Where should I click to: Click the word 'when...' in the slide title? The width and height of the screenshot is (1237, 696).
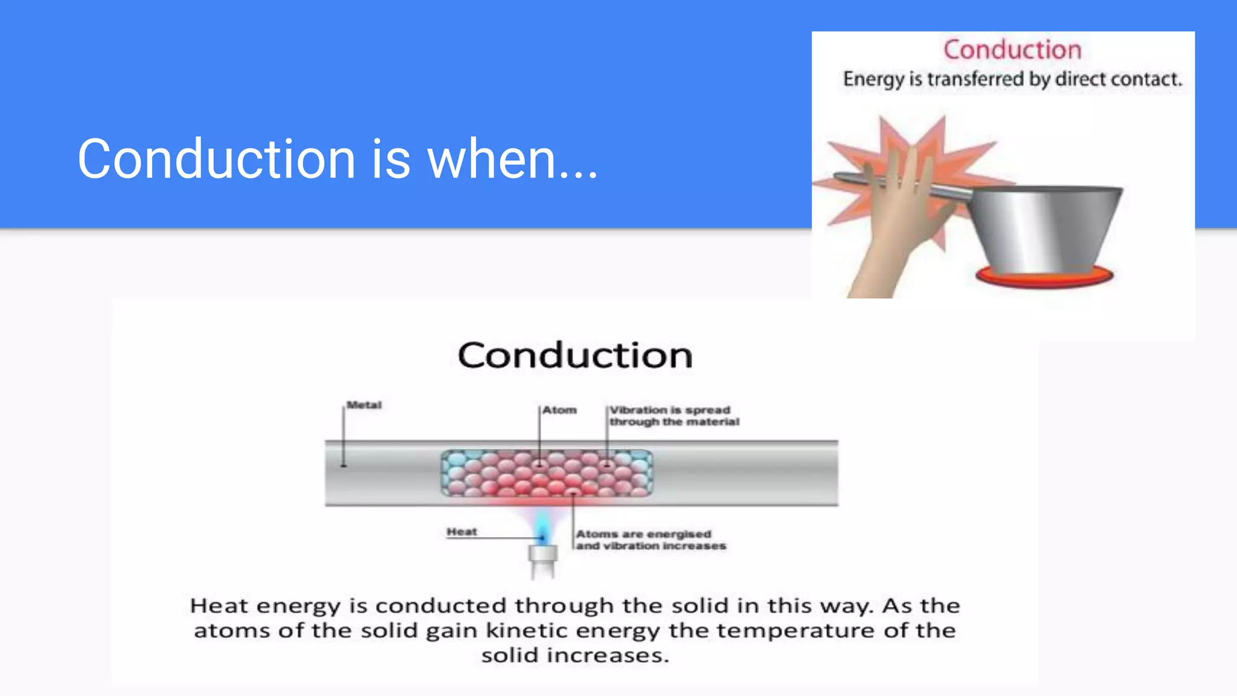(512, 159)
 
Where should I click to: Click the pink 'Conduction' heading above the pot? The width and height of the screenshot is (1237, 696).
(1012, 50)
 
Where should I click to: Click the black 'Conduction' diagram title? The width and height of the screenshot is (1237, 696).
(575, 355)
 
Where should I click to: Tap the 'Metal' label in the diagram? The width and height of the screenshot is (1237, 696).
(364, 405)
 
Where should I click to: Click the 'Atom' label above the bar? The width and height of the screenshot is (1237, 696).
(559, 410)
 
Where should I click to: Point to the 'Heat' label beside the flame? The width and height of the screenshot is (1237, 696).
(461, 532)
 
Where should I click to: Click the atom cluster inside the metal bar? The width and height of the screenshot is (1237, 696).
(547, 473)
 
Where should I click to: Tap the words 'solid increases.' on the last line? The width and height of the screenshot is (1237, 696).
(575, 656)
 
